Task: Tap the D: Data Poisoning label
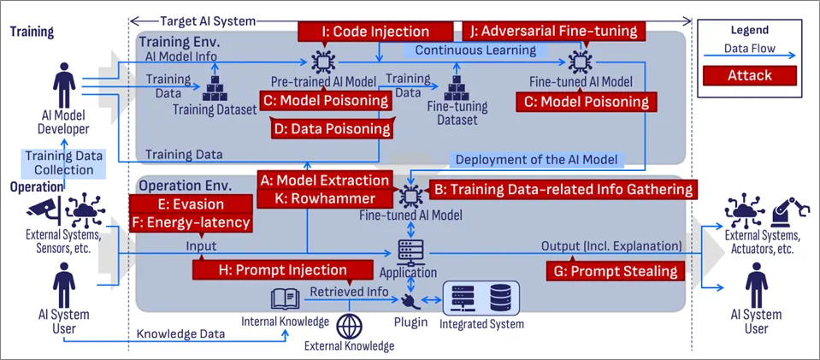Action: [332, 128]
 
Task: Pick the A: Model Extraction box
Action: [325, 180]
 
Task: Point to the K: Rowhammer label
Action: [325, 198]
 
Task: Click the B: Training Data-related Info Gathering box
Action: [563, 189]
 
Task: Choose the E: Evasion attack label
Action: [191, 204]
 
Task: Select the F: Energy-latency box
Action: [191, 223]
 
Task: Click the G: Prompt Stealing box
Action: [615, 271]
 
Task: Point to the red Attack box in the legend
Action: [749, 75]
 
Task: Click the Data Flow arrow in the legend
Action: [749, 56]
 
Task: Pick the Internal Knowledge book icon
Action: [285, 300]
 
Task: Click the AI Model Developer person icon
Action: [63, 85]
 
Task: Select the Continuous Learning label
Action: [475, 50]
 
